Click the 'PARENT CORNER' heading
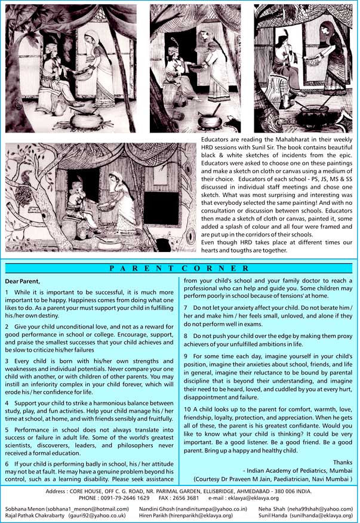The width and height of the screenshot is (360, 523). tap(180, 268)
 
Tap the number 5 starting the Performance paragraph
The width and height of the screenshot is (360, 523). tap(7, 412)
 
